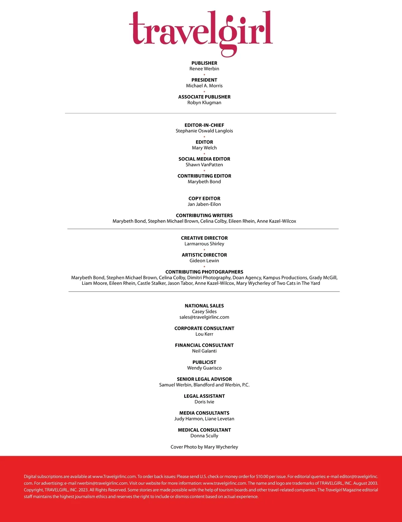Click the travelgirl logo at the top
coord(201,32)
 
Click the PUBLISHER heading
coord(204,63)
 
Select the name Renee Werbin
coord(204,69)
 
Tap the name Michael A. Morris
coord(204,86)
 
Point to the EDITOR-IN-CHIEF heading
coord(204,125)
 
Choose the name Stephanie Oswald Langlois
coord(204,131)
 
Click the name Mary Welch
coord(204,148)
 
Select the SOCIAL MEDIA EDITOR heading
coord(204,159)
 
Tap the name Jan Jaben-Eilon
coord(204,204)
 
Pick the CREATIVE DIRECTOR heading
coord(204,238)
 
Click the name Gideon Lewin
coord(204,261)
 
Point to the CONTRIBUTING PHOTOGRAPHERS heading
coord(204,272)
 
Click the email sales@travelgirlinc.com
coord(204,317)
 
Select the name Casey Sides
coord(204,312)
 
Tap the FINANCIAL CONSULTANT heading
coord(204,345)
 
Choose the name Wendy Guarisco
coord(204,368)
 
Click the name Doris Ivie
coord(204,402)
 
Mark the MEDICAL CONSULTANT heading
coord(204,430)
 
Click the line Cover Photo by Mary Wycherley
coord(204,447)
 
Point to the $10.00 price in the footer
coord(262,476)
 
